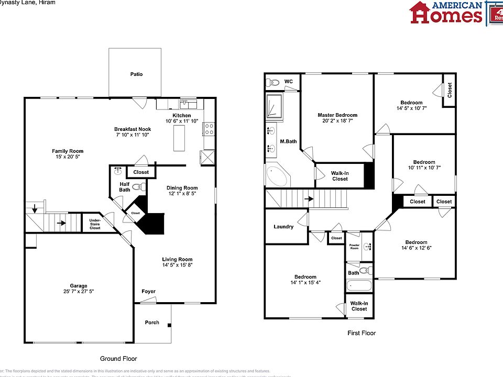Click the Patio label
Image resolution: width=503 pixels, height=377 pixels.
coord(136,74)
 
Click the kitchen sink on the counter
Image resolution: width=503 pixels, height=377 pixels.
coord(188,104)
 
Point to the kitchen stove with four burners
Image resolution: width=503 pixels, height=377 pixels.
coord(209,128)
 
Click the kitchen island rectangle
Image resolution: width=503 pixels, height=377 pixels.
coord(179,138)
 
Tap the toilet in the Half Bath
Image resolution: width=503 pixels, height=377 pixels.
coord(137,186)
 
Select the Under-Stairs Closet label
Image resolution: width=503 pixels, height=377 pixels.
coord(95,224)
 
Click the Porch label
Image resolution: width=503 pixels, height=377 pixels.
coord(152,323)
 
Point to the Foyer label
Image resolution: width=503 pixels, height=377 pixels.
coord(148,291)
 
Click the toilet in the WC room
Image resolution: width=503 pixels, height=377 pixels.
coord(272,82)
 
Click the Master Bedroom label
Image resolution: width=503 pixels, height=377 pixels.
coord(337,115)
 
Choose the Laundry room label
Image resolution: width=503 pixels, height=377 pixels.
coord(283,227)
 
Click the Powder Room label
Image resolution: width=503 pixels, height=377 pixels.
coord(354,247)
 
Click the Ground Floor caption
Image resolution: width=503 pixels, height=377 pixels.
coord(118,359)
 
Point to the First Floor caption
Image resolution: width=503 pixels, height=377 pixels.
coord(362,333)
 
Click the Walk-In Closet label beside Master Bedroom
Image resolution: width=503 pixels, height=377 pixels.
coord(340,175)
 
